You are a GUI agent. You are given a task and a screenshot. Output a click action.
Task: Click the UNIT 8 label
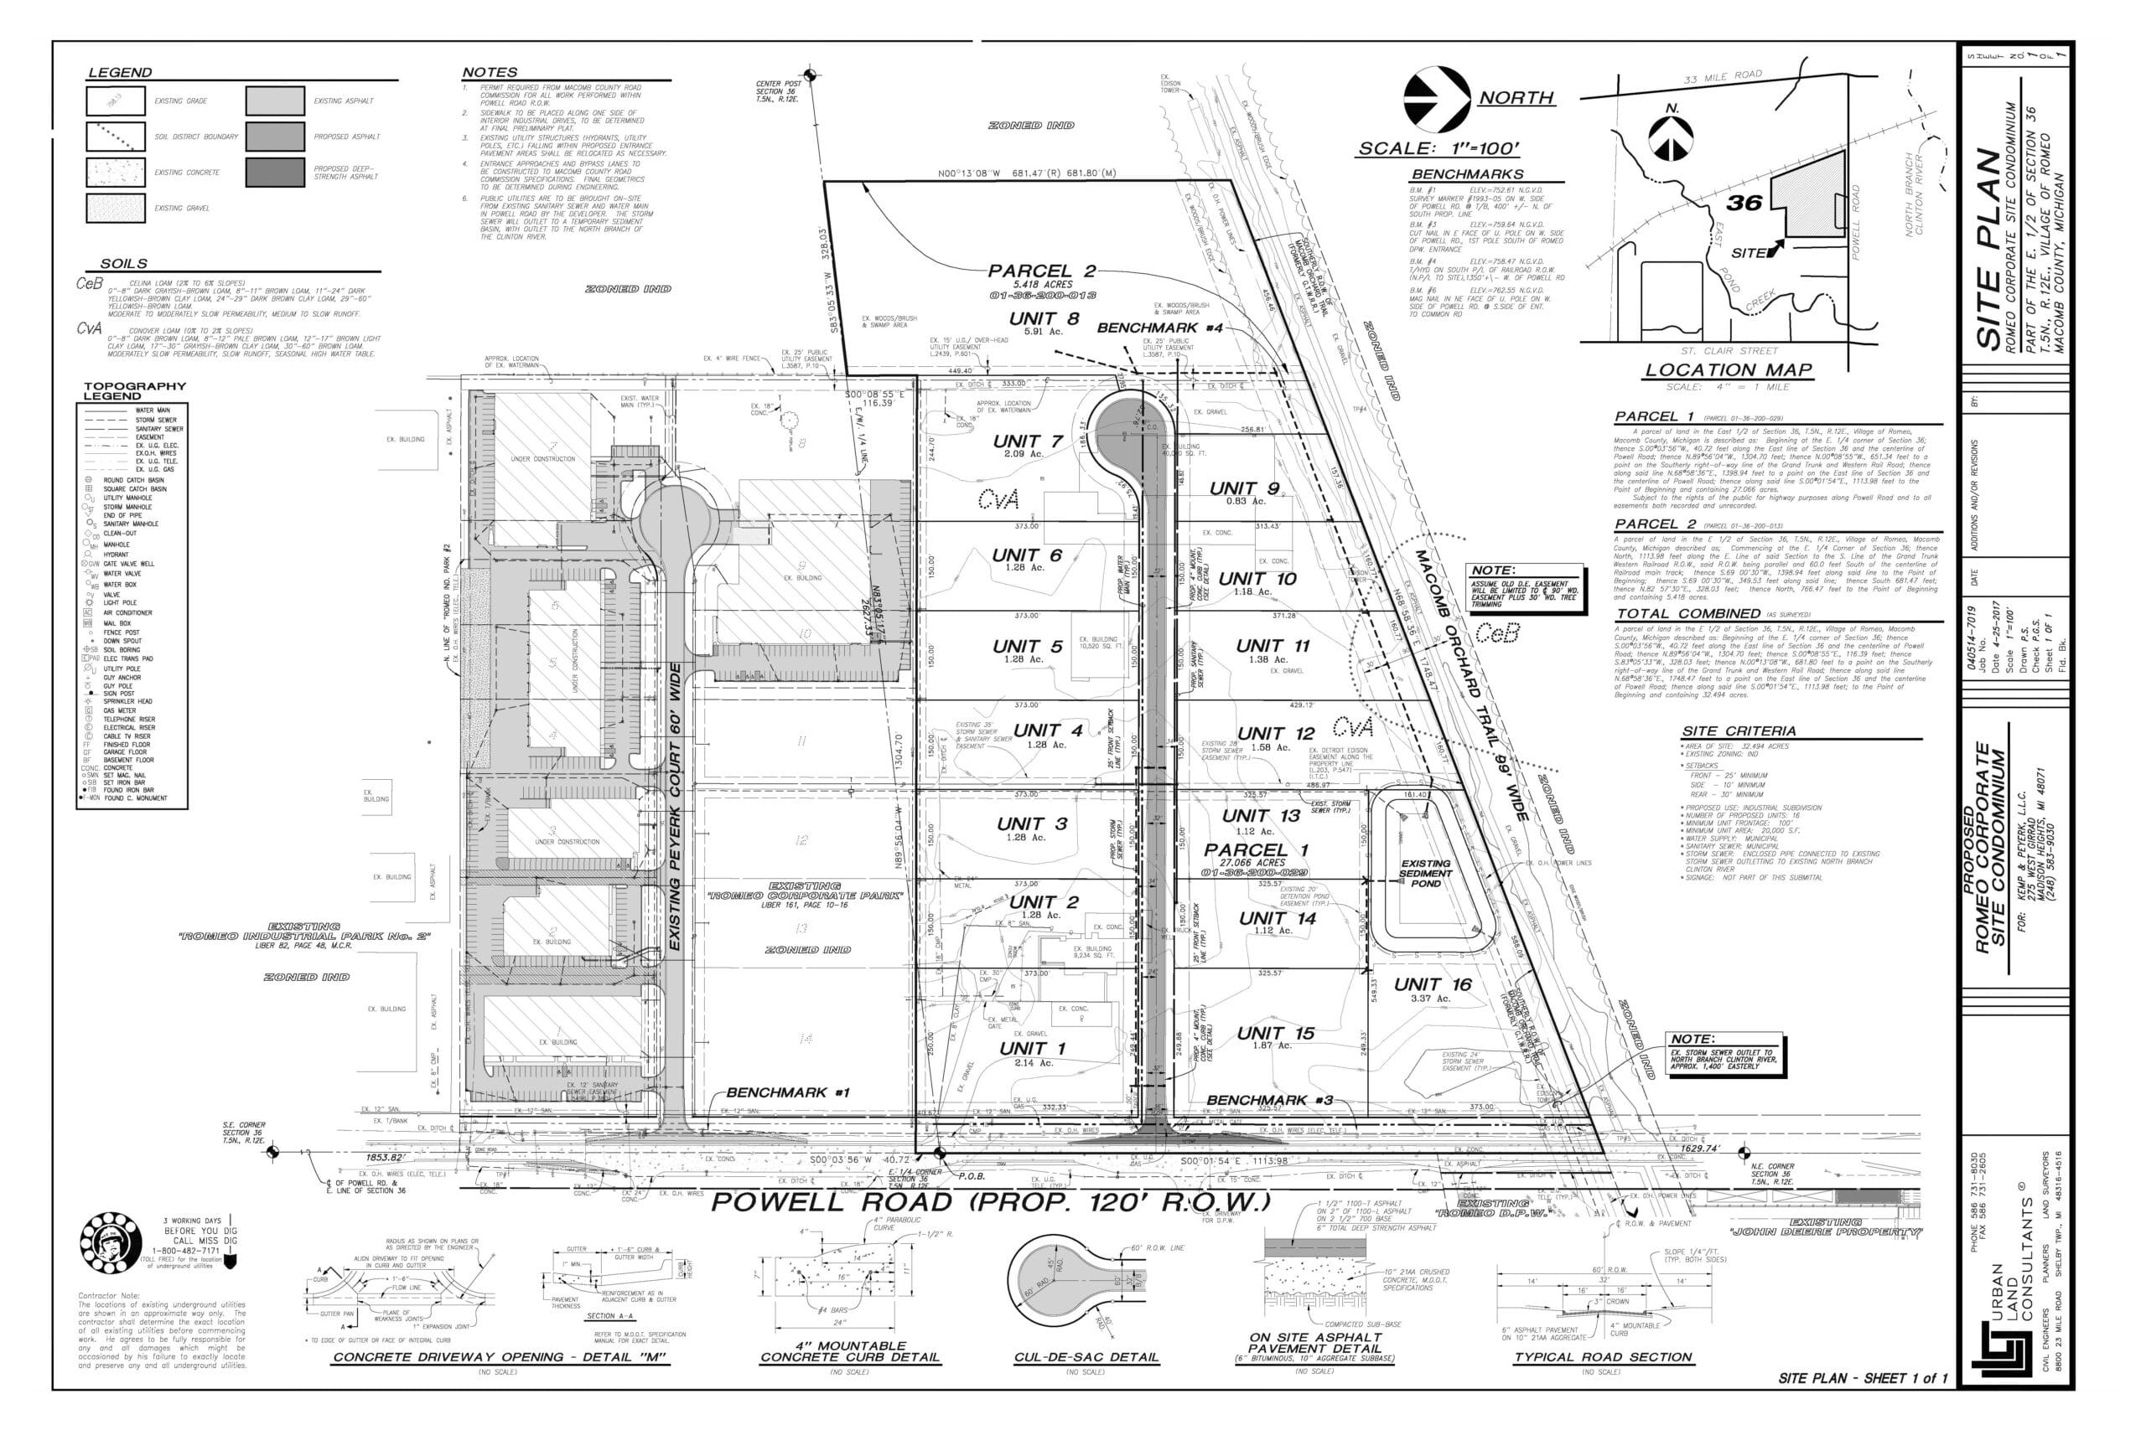click(1044, 318)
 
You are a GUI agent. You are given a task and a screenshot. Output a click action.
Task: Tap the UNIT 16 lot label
click(1432, 984)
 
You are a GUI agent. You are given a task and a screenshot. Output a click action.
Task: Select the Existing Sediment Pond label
click(1425, 873)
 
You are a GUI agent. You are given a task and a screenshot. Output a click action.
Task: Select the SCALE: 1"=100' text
click(1438, 148)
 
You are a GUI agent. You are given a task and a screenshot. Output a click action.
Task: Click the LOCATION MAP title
click(1727, 369)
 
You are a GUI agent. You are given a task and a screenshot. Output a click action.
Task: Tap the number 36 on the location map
click(1743, 202)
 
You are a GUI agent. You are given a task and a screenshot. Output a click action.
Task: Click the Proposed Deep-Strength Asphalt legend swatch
click(275, 173)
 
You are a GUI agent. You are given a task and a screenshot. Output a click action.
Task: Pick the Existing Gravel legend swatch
click(115, 208)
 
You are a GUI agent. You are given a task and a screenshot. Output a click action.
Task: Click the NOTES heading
click(489, 72)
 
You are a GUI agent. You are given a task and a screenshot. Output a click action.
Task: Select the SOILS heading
click(123, 264)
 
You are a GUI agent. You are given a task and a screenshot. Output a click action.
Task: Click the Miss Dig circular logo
click(111, 1244)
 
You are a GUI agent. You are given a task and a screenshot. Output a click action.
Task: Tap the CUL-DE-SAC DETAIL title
click(1086, 1356)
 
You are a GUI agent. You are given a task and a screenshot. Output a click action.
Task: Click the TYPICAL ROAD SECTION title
click(1603, 1356)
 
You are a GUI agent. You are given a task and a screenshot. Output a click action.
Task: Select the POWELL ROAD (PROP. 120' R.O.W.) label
click(989, 1201)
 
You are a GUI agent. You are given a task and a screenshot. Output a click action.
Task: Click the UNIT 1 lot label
click(1031, 1049)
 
